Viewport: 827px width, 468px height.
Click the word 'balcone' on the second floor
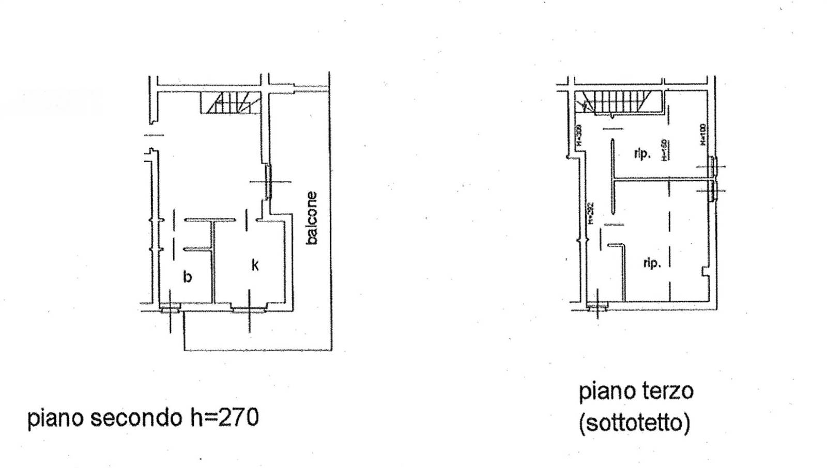pyautogui.click(x=312, y=217)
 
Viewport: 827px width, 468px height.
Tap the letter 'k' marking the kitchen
pyautogui.click(x=255, y=265)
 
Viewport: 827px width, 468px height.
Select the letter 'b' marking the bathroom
pyautogui.click(x=188, y=277)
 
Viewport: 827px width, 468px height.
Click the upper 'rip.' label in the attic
pyautogui.click(x=642, y=153)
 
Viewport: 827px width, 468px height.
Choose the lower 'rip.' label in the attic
pyautogui.click(x=652, y=263)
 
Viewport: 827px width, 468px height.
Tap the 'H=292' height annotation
pyautogui.click(x=591, y=213)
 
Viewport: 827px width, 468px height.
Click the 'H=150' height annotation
pyautogui.click(x=664, y=150)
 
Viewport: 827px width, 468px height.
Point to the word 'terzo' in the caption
pyautogui.click(x=666, y=391)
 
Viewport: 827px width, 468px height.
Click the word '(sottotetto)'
pyautogui.click(x=634, y=423)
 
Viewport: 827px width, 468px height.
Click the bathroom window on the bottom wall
pyautogui.click(x=170, y=310)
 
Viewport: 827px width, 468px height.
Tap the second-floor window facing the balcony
pyautogui.click(x=268, y=181)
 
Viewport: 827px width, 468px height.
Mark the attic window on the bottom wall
pyautogui.click(x=598, y=308)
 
